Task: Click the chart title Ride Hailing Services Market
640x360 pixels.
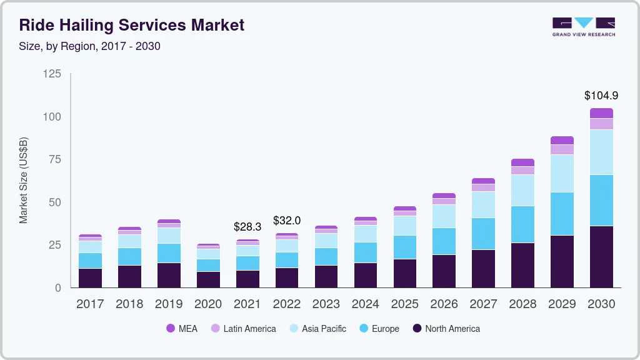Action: pos(131,26)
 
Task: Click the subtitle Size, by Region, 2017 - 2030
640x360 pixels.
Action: pos(94,46)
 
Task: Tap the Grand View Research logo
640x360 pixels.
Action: pos(583,26)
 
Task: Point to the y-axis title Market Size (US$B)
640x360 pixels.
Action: pos(24,180)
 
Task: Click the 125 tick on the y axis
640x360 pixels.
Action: pos(52,74)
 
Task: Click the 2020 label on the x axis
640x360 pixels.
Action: pos(208,304)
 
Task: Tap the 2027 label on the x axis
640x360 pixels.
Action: pos(483,304)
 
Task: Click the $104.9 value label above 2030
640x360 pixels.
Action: pos(601,96)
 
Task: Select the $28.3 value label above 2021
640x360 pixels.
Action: pos(247,226)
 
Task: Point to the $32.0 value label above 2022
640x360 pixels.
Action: pos(287,221)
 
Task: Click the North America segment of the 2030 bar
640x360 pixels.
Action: pos(601,256)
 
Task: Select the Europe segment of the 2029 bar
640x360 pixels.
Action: pos(562,213)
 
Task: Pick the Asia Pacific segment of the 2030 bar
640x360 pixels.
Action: pos(601,152)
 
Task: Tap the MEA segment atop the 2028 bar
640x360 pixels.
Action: pos(522,162)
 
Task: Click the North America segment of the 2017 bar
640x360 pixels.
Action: pos(90,277)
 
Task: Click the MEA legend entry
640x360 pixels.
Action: pos(181,329)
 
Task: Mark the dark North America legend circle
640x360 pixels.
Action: pos(417,329)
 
